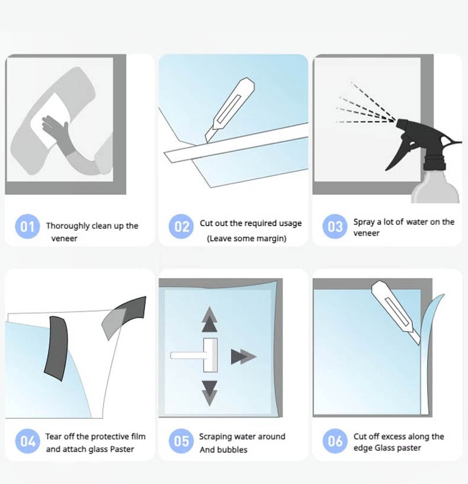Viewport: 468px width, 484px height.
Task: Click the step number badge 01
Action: (27, 226)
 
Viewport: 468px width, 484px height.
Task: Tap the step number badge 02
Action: (181, 226)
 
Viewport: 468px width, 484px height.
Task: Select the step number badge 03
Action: (335, 226)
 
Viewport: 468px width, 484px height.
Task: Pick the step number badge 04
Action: (27, 441)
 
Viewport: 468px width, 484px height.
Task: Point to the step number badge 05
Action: (181, 441)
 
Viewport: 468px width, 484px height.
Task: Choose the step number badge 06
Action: (335, 441)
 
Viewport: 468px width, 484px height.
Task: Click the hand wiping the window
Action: (57, 131)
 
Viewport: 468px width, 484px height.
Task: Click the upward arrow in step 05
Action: (210, 319)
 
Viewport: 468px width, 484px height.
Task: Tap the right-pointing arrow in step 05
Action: (243, 357)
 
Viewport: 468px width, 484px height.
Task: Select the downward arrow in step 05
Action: (210, 393)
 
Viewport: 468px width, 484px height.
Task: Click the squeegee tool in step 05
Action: (194, 355)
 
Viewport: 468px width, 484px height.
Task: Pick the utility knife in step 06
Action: (396, 312)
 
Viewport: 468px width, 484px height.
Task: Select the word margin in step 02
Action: (271, 239)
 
